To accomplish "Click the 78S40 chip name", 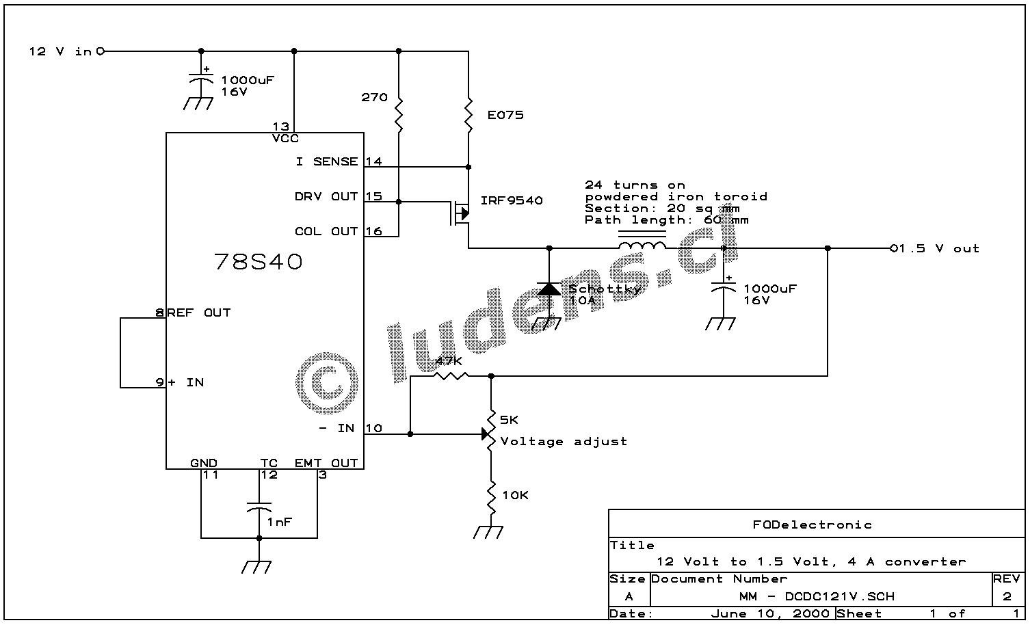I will coord(258,262).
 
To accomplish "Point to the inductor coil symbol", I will coord(642,245).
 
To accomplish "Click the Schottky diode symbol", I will coord(549,289).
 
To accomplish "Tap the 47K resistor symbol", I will coord(451,375).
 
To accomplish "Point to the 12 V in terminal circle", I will coord(101,51).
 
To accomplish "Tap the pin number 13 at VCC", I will coord(280,127).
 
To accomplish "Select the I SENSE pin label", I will coord(327,162).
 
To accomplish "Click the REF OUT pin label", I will coord(199,313).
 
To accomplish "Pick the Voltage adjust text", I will coord(564,442).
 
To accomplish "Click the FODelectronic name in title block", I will coord(813,525).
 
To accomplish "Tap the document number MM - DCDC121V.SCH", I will coord(817,596).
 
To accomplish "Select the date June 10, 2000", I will coord(770,614).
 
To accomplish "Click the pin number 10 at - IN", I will coord(373,429).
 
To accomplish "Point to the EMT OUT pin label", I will coord(326,463).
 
